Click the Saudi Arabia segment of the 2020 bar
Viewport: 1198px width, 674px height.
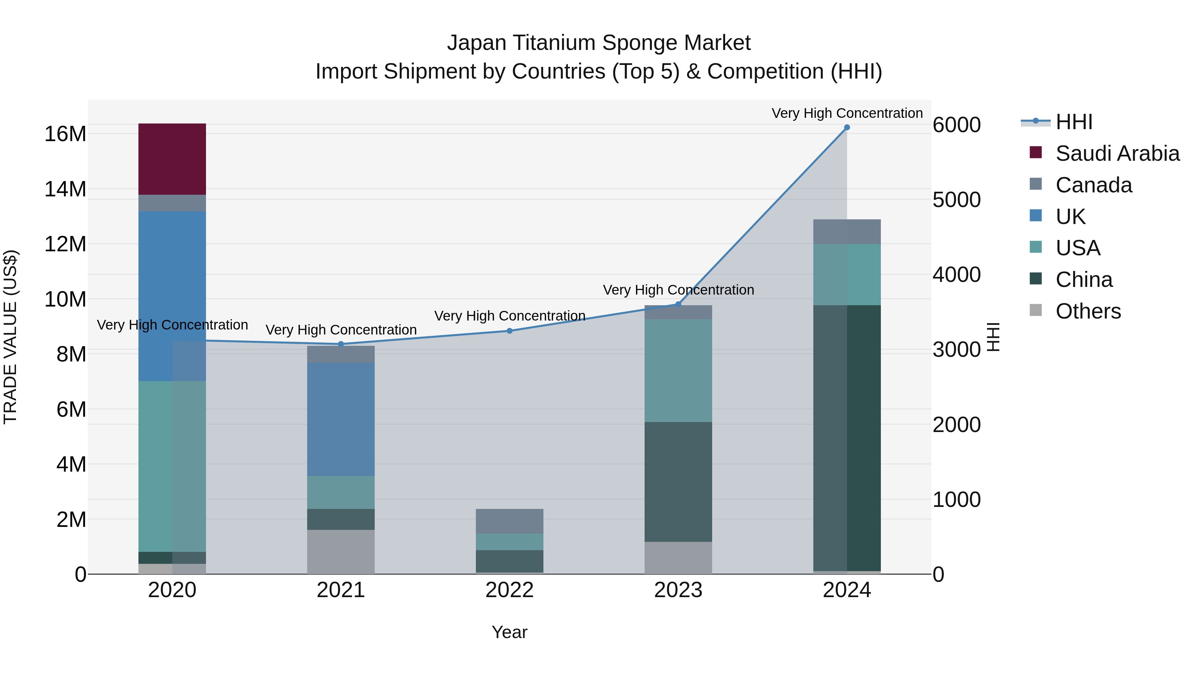[x=172, y=159]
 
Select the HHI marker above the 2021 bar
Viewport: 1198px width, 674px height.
[x=340, y=344]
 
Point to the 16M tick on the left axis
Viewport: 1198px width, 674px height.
[x=65, y=134]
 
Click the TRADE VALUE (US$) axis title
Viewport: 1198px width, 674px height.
[x=10, y=337]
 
